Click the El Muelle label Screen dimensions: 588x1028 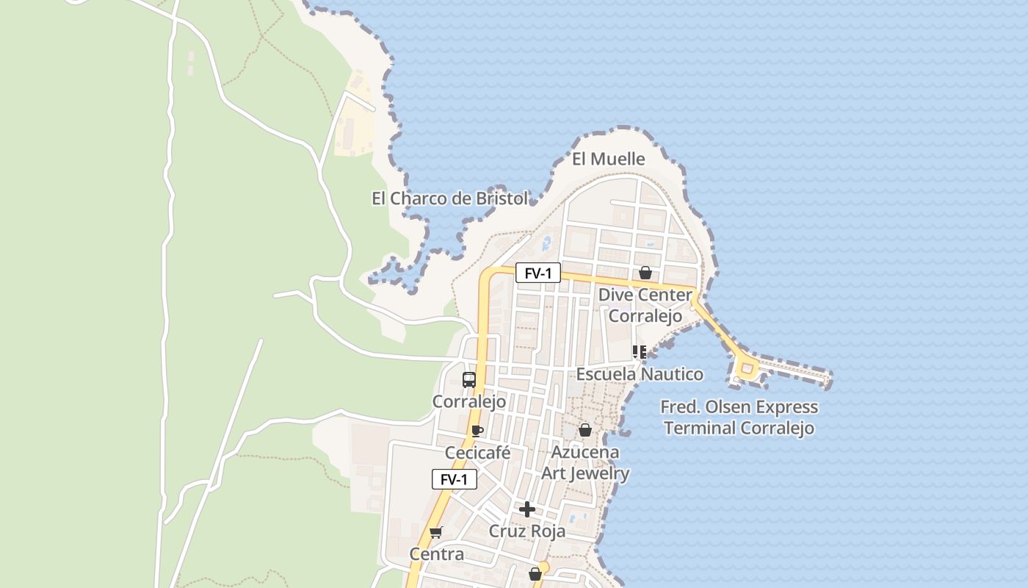coord(608,159)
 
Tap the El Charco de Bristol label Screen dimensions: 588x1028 coord(449,198)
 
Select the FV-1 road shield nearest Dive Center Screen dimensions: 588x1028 coord(538,273)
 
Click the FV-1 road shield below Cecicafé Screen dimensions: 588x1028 coord(455,480)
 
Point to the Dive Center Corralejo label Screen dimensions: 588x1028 coord(645,305)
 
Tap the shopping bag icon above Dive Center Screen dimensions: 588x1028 coord(645,273)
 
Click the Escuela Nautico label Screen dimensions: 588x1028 coord(639,374)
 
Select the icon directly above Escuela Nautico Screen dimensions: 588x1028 coord(639,352)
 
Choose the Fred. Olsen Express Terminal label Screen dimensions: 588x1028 coord(739,417)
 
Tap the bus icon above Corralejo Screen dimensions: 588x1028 coord(468,380)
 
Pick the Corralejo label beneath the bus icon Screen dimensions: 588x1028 coord(468,401)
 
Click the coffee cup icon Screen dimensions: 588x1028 coord(477,431)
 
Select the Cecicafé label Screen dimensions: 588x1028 coord(477,453)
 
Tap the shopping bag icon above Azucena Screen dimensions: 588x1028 coord(585,430)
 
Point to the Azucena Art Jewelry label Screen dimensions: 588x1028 coord(585,462)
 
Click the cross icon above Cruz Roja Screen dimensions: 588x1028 coord(526,509)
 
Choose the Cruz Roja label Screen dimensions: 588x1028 coord(527,531)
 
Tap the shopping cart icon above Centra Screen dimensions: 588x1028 coord(436,532)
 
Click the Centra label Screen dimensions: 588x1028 coord(436,554)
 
